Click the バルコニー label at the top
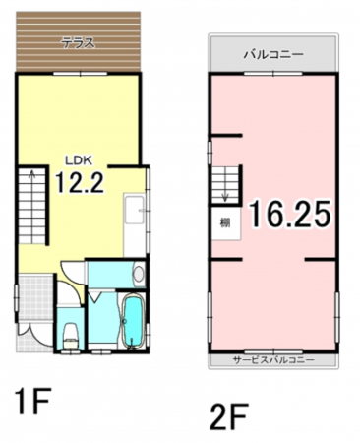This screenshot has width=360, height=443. (273, 56)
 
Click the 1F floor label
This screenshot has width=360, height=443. (31, 403)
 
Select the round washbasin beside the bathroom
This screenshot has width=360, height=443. (138, 275)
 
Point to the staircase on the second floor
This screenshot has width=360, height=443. (224, 182)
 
